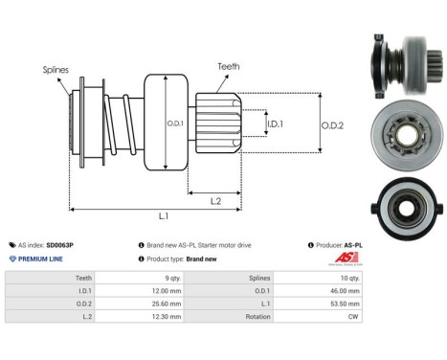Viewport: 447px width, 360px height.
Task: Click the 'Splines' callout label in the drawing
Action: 54,70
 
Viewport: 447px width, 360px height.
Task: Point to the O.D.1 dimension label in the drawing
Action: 173,123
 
